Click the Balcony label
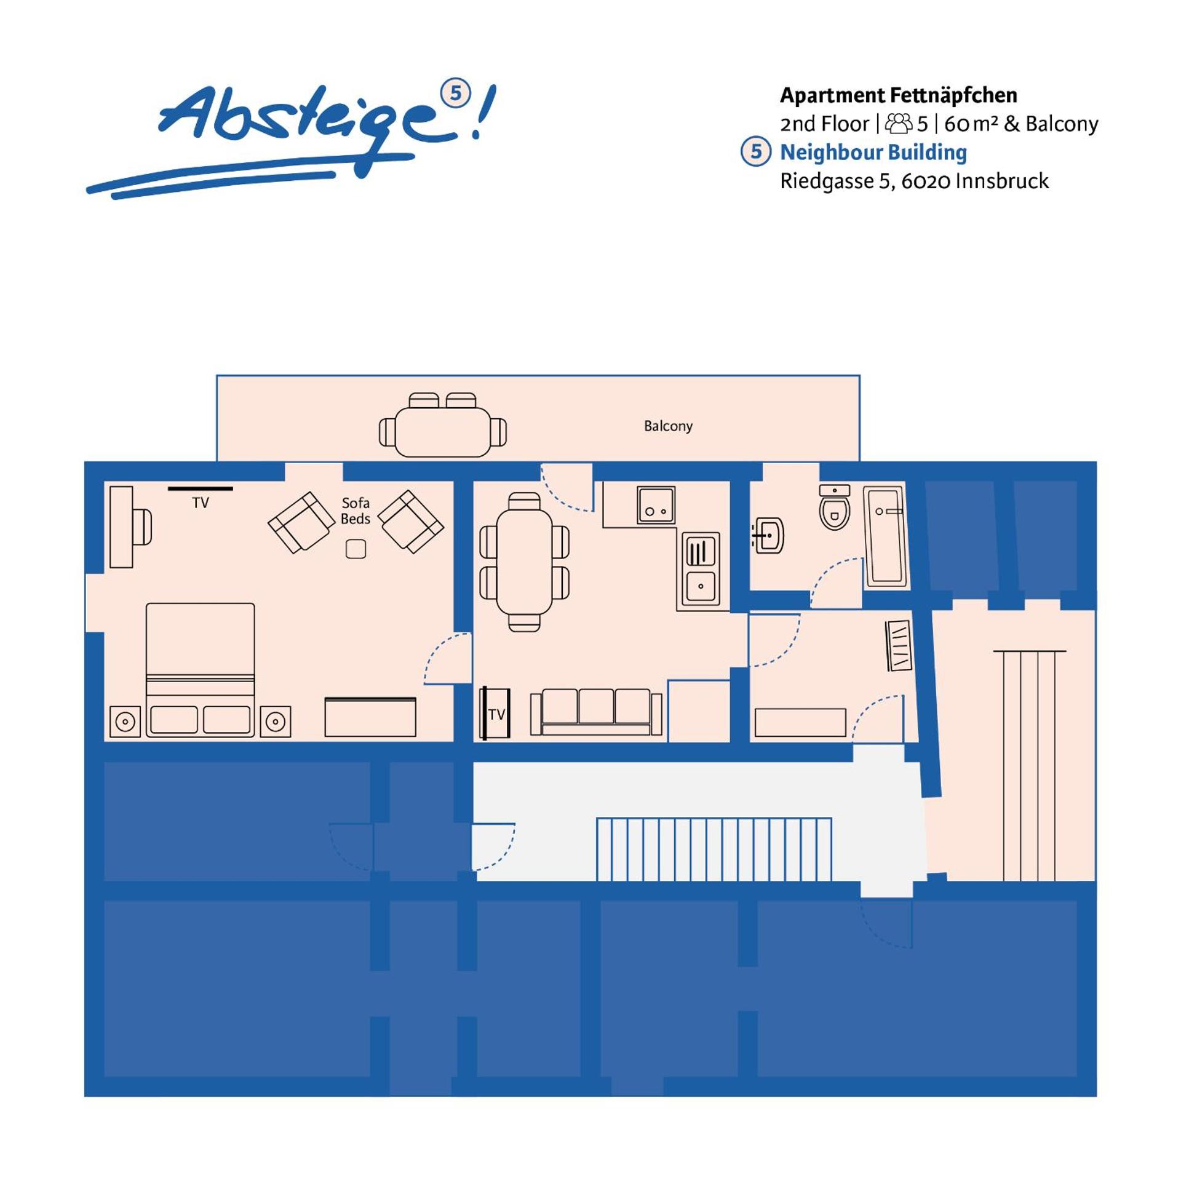pyautogui.click(x=668, y=426)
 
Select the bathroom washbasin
pyautogui.click(x=769, y=535)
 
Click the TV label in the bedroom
pyautogui.click(x=201, y=503)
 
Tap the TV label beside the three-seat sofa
pyautogui.click(x=496, y=714)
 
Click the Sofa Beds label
pyautogui.click(x=356, y=511)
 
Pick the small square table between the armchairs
pyautogui.click(x=356, y=549)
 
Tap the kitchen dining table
pyautogui.click(x=524, y=562)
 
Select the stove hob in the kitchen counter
pyautogui.click(x=656, y=505)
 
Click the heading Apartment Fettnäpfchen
pyautogui.click(x=898, y=95)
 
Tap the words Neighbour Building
pyautogui.click(x=873, y=152)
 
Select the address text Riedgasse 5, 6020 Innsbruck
pyautogui.click(x=914, y=181)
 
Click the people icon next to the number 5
pyautogui.click(x=898, y=124)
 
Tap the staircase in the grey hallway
pyautogui.click(x=714, y=849)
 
